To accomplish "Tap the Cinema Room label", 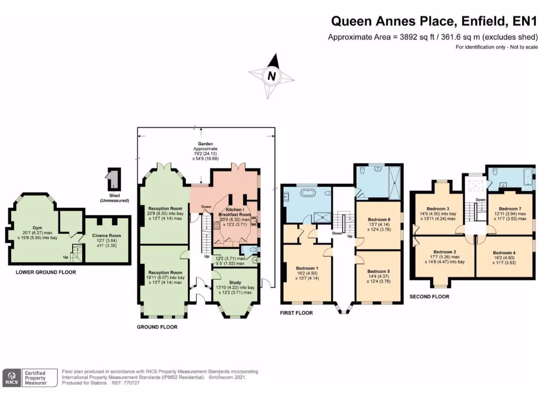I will [107, 236].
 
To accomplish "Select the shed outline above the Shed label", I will [113, 179].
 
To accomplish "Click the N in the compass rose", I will [272, 76].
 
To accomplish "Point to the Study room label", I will [235, 282].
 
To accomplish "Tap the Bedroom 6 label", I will [379, 219].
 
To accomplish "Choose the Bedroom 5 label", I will [379, 272].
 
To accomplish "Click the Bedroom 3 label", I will [438, 208].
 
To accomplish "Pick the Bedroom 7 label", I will [509, 208].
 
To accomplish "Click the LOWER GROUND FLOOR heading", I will [46, 272].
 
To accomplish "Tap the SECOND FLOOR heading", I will [430, 297].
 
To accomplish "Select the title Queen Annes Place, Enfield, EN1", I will [433, 22].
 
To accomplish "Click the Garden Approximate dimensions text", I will [205, 151].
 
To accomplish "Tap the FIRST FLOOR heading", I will [297, 313].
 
